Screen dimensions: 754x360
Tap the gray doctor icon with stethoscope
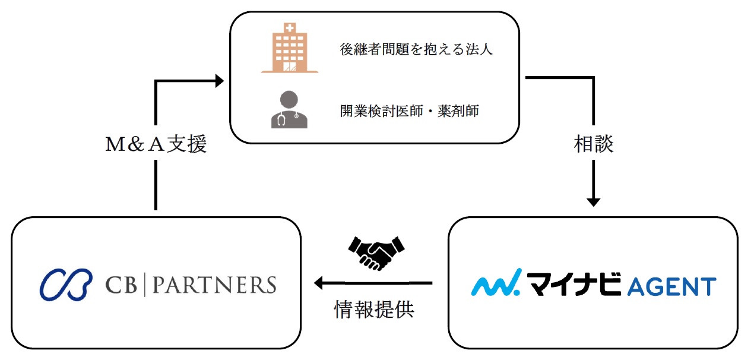tap(289, 109)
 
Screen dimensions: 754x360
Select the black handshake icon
tap(376, 253)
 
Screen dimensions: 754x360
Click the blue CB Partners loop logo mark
tap(66, 285)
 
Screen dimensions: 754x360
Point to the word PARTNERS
tap(214, 285)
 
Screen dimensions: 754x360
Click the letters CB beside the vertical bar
tap(121, 285)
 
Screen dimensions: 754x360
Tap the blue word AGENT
tap(672, 286)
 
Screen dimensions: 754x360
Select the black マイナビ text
tap(574, 285)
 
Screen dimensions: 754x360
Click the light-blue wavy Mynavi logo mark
tap(496, 282)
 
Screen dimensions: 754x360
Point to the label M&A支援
tap(156, 144)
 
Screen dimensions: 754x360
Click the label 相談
tap(594, 144)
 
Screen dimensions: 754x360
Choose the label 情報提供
tap(374, 309)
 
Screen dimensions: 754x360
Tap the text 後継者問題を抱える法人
tap(416, 49)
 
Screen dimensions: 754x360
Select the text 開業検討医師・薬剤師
tap(410, 111)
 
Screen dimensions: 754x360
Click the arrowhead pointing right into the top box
tap(220, 81)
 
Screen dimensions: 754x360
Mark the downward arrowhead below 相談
tap(594, 203)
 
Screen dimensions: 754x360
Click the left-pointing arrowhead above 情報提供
tap(318, 283)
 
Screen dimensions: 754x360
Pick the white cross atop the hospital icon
tap(290, 27)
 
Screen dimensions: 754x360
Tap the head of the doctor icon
tap(289, 99)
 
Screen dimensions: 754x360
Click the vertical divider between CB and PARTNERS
tap(145, 285)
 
